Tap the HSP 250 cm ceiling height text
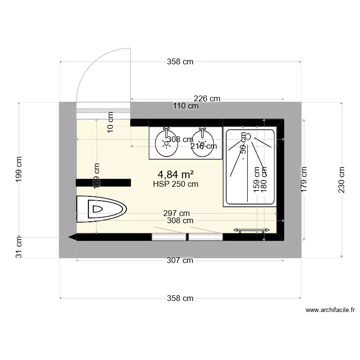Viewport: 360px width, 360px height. (x=176, y=184)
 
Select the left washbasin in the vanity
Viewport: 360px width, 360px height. (x=167, y=143)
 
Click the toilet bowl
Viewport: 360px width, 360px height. (x=102, y=209)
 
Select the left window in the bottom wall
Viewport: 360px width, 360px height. (x=168, y=237)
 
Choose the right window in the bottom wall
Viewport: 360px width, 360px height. (x=205, y=237)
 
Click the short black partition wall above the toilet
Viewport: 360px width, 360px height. (x=103, y=182)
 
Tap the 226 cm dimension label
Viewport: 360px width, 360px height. (x=207, y=98)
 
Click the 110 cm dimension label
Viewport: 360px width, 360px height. (x=186, y=106)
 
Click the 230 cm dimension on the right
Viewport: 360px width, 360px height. (x=341, y=180)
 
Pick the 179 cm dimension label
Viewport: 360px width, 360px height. (x=303, y=180)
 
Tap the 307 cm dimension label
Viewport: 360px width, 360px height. (x=180, y=261)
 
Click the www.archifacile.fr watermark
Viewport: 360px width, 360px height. (x=329, y=311)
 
